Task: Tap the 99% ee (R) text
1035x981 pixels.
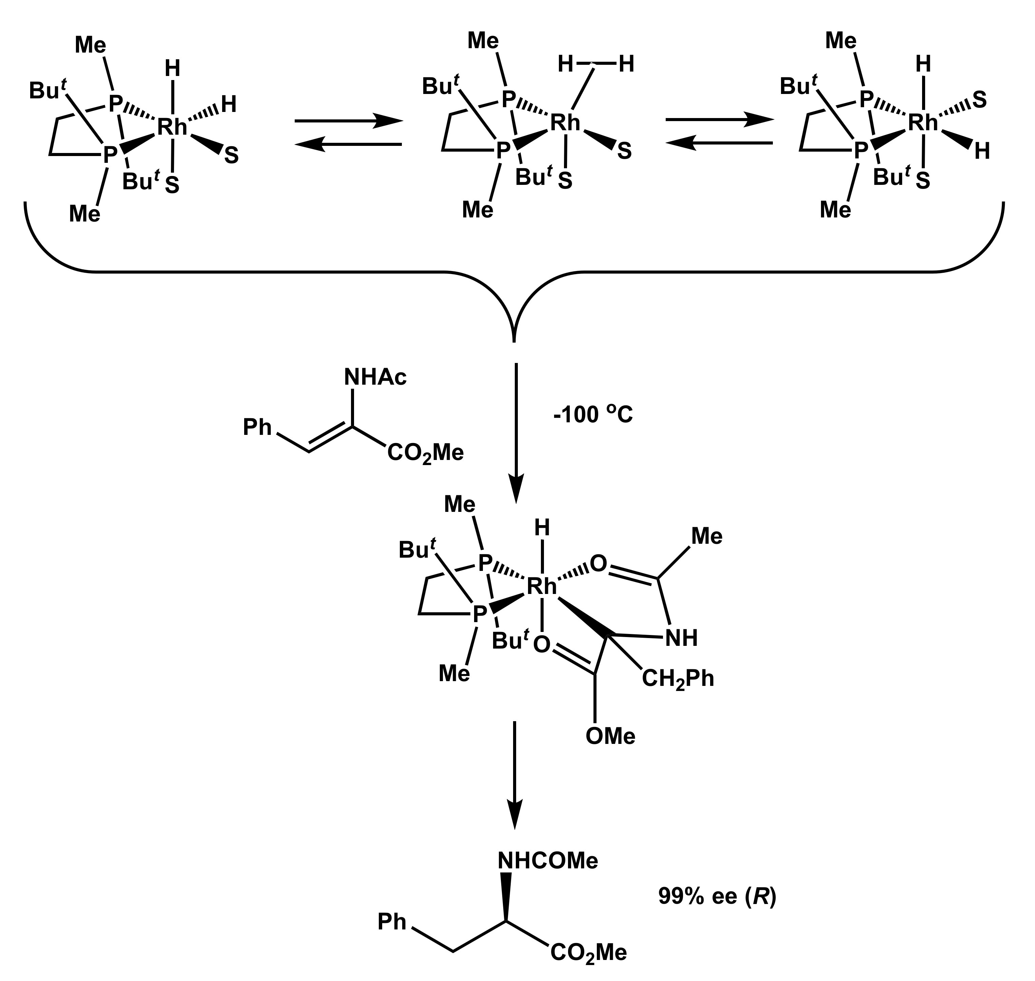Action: [x=717, y=896]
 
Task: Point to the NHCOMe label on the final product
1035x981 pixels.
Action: [x=548, y=860]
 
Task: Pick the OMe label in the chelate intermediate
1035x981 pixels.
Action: [x=610, y=736]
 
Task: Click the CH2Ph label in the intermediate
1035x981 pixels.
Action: [x=678, y=679]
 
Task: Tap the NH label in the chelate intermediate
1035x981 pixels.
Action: [x=682, y=638]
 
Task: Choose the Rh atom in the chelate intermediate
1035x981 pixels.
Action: [x=542, y=587]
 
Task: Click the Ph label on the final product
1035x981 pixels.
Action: [x=392, y=922]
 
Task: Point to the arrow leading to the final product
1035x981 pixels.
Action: [x=515, y=774]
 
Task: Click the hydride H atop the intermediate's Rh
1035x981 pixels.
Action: [x=542, y=528]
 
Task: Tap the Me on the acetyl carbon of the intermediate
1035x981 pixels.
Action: [x=707, y=537]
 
